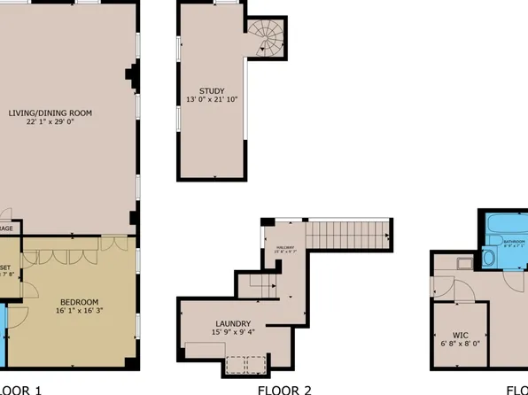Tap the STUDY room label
[x=212, y=90]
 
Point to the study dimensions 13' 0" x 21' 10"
[x=212, y=99]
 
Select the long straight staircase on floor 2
[x=348, y=235]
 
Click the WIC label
[x=461, y=335]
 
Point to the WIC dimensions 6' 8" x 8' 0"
[x=461, y=344]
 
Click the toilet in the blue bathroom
[x=490, y=259]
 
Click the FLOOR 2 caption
[x=284, y=389]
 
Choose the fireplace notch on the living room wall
[x=133, y=77]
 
